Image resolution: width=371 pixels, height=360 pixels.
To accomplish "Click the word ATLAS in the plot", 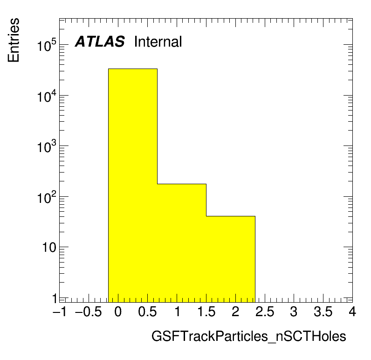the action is coord(100,42).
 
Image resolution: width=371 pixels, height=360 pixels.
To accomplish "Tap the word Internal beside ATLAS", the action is coord(158,42).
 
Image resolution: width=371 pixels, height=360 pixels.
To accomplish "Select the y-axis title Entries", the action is coord(14,40).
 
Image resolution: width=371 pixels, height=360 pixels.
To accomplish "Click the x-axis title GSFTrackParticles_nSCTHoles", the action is coord(249,336).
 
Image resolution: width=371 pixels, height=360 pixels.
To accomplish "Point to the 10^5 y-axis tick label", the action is coord(47,45).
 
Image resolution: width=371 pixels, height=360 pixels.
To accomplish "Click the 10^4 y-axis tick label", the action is coord(47,96).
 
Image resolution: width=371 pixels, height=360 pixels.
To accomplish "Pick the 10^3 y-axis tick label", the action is coord(47,146).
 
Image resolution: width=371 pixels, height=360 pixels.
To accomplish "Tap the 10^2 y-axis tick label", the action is coord(47,197).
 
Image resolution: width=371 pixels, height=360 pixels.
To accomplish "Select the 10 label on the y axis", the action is coord(49,248).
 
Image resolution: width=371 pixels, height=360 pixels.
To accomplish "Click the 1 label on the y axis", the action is coord(55,298).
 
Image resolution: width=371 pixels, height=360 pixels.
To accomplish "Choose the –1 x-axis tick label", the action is coord(60,312).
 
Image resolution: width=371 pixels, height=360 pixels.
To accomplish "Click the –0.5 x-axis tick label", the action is coord(89,312).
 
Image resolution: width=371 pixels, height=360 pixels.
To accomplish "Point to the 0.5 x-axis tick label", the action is coord(147,312).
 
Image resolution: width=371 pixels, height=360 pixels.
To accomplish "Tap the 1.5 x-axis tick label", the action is coord(206,312).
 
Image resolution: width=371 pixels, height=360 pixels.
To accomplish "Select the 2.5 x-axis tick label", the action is coord(265,312).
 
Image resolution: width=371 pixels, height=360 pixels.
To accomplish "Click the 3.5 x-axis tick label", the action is coord(323,312).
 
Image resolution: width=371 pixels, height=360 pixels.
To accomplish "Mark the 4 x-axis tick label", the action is coord(352,312).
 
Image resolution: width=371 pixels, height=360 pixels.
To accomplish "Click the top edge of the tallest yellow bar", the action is coord(133,69).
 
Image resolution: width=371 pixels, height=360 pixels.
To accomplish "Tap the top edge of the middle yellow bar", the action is coord(182,184).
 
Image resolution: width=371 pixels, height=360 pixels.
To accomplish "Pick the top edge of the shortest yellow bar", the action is coord(231,216).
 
